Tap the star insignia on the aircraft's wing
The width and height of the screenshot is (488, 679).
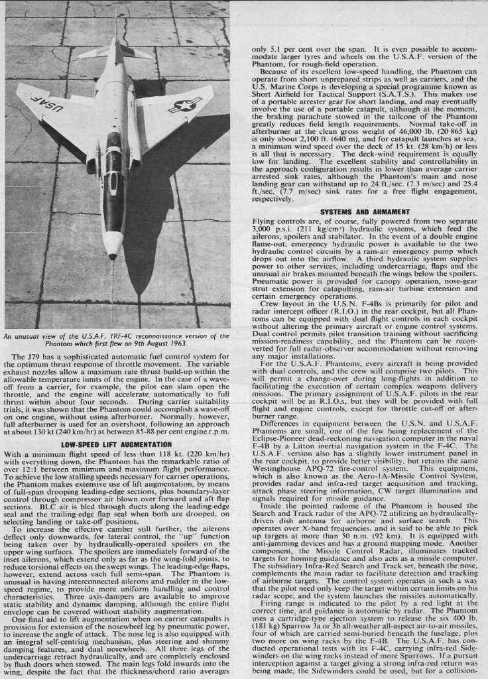pyautogui.click(x=184, y=104)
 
